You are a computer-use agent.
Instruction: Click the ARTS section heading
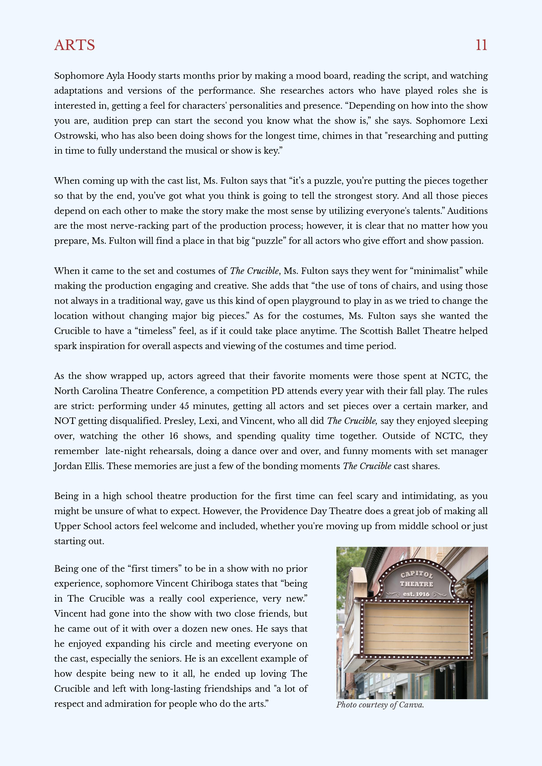(x=74, y=45)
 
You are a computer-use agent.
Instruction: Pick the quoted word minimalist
(x=436, y=271)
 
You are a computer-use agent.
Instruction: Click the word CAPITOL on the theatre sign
(x=416, y=575)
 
